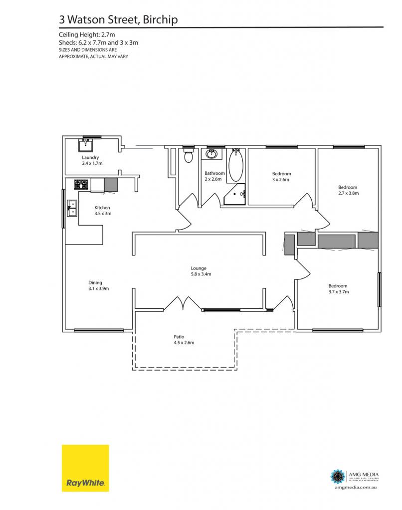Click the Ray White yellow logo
(x=85, y=468)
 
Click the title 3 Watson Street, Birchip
(x=118, y=19)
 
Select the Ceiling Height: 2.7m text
(x=87, y=34)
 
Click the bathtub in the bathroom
(x=235, y=165)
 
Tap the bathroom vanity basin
(x=212, y=153)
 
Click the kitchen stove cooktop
(x=81, y=184)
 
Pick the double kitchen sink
(x=72, y=208)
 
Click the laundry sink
(x=85, y=145)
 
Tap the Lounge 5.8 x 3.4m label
(x=201, y=271)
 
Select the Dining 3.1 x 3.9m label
(x=98, y=285)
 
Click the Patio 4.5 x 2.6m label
(x=184, y=340)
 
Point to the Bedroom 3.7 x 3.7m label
(x=339, y=289)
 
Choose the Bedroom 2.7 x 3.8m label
(x=348, y=190)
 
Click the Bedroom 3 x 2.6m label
(x=281, y=177)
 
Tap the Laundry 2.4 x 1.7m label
(x=92, y=160)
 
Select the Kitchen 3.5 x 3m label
(x=103, y=211)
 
